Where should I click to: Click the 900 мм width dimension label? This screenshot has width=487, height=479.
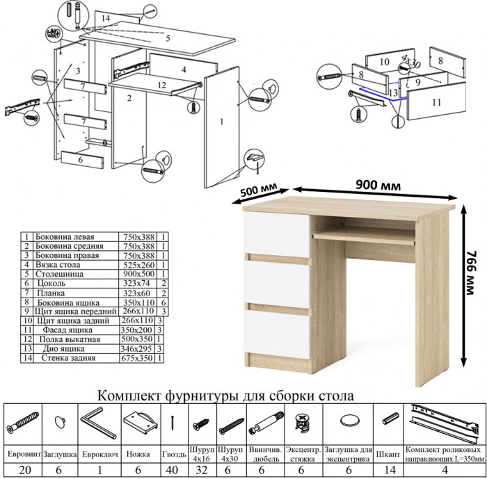point(373,185)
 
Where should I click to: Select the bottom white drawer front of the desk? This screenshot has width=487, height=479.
point(276,333)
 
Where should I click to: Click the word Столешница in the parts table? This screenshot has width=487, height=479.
point(66,274)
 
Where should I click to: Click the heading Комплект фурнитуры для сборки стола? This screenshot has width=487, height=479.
point(226,395)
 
